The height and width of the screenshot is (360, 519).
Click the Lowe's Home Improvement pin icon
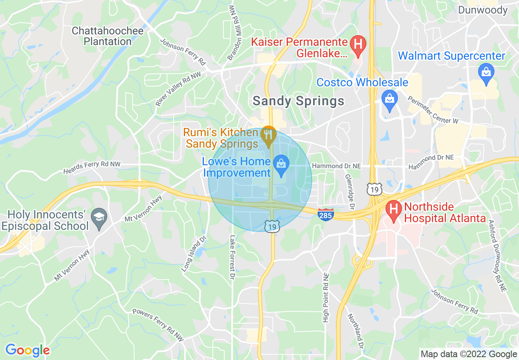pyautogui.click(x=281, y=165)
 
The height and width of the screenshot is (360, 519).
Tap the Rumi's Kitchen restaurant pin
pyautogui.click(x=269, y=135)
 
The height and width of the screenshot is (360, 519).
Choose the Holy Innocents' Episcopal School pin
pyautogui.click(x=99, y=217)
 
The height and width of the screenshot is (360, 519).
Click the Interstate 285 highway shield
pyautogui.click(x=326, y=214)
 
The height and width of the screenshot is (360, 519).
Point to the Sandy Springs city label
pyautogui.click(x=298, y=101)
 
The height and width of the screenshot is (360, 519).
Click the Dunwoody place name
pyautogui.click(x=483, y=10)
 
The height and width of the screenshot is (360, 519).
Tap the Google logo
pyautogui.click(x=27, y=350)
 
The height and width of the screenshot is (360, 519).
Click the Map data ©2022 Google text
pyautogui.click(x=469, y=354)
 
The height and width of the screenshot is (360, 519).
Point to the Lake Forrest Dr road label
pyautogui.click(x=232, y=257)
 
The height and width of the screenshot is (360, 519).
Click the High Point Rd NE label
pyautogui.click(x=326, y=297)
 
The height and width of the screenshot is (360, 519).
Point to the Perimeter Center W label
pyautogui.click(x=433, y=110)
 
